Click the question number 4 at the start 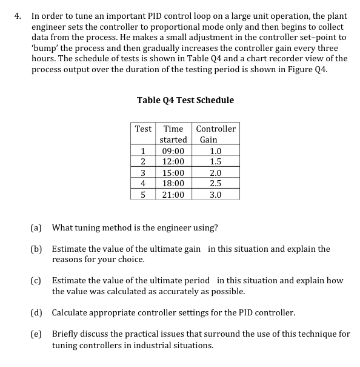[18, 16]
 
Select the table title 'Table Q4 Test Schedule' [185, 100]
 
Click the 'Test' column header [143, 129]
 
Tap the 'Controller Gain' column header [216, 134]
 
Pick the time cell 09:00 [173, 151]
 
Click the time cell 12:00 [173, 161]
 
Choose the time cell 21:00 [173, 195]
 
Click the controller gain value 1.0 [216, 151]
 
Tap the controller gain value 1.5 [216, 161]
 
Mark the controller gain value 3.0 [216, 195]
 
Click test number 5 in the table [143, 195]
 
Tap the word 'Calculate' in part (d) [72, 313]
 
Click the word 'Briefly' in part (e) [66, 334]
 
